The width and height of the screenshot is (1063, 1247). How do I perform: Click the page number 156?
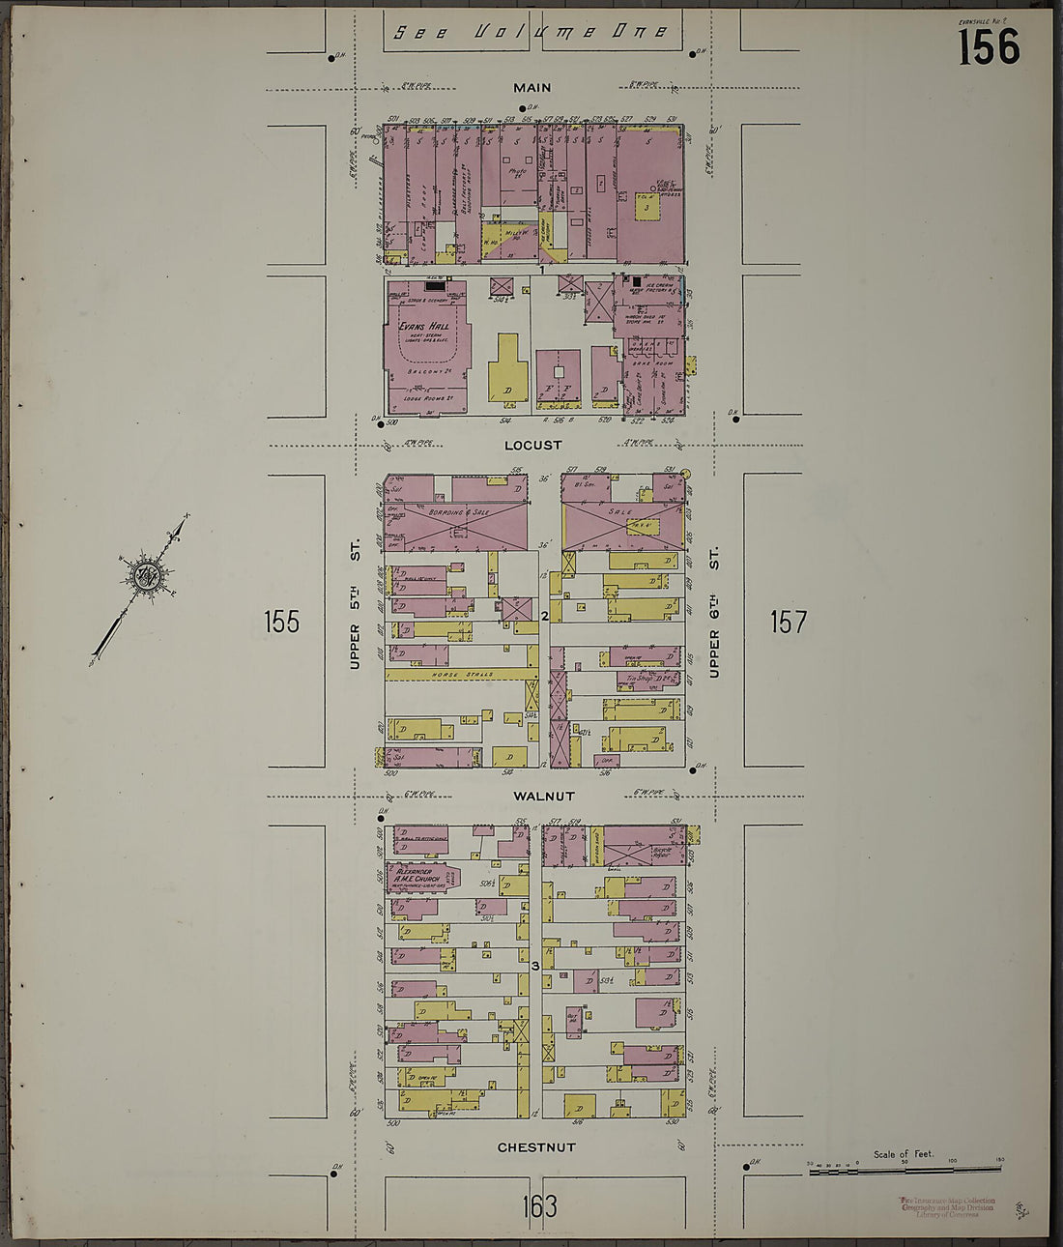point(988,45)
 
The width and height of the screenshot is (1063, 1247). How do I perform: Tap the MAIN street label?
point(532,88)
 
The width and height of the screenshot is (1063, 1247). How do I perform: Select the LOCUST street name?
point(532,446)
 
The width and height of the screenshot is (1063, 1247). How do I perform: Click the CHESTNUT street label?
point(536,1147)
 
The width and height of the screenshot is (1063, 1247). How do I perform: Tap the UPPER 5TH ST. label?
point(355,606)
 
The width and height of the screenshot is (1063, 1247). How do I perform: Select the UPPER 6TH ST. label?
point(714,613)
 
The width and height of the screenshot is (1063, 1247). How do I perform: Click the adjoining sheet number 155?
point(281,622)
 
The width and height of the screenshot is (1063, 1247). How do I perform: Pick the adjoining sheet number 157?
point(788,622)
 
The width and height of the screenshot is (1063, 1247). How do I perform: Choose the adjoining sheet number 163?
point(538,1205)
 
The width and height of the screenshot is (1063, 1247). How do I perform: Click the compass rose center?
point(146,576)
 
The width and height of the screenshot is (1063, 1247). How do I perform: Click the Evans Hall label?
point(423,327)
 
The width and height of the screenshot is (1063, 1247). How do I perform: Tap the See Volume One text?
point(531,32)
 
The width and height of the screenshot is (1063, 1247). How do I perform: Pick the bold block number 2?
point(545,615)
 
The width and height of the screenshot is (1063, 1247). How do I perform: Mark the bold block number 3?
point(534,965)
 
